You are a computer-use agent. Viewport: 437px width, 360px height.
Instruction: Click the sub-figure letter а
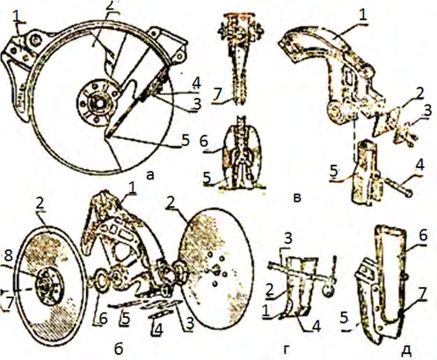(149, 175)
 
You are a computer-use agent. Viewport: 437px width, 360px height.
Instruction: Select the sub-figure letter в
(297, 198)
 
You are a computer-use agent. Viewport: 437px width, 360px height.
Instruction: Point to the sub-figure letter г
(287, 349)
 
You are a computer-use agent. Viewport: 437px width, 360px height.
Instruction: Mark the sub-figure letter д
(406, 350)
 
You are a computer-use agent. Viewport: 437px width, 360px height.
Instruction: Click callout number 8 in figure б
(8, 255)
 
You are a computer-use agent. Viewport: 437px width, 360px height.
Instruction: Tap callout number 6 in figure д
(422, 236)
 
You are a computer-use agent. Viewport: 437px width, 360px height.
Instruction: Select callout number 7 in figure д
(422, 294)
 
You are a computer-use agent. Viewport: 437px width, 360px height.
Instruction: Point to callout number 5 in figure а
(186, 141)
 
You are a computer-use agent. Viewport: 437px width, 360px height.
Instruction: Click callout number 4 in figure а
(196, 83)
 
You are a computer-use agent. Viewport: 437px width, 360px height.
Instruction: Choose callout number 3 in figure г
(288, 239)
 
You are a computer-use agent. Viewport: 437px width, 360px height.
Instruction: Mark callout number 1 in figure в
(363, 15)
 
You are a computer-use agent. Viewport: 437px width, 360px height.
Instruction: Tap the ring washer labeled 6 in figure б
(101, 282)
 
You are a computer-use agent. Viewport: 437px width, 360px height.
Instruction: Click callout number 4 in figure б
(158, 329)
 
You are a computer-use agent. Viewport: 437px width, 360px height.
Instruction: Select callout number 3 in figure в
(427, 111)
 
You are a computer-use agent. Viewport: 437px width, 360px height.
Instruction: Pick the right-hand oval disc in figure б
(217, 268)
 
